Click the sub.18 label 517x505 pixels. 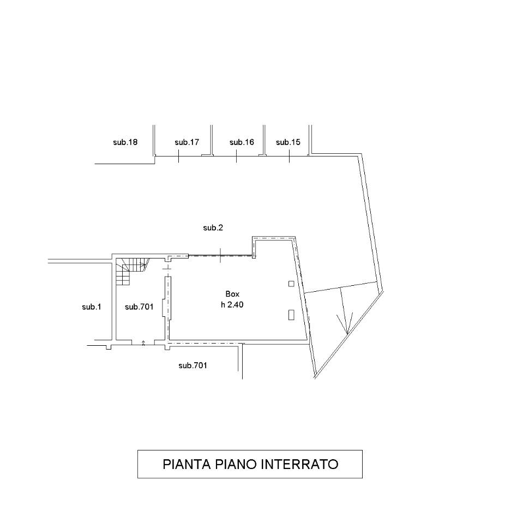click(x=125, y=142)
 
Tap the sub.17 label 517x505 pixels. click(x=187, y=142)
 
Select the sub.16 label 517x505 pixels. click(x=242, y=142)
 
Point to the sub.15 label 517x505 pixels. click(x=288, y=142)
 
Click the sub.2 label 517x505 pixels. click(x=213, y=228)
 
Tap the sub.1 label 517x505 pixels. click(x=91, y=307)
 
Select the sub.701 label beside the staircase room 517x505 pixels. click(x=139, y=307)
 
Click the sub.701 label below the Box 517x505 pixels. click(x=193, y=365)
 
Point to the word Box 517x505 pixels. click(x=232, y=294)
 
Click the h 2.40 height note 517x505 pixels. click(x=232, y=305)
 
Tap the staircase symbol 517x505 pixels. click(x=132, y=271)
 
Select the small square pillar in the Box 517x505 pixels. click(x=291, y=284)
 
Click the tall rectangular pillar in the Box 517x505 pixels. click(x=291, y=315)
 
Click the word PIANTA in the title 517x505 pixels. click(x=187, y=464)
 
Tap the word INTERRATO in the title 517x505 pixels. click(x=300, y=464)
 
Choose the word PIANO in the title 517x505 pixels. click(x=236, y=464)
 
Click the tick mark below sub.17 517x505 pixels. click(x=178, y=156)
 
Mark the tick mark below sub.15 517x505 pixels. click(x=289, y=156)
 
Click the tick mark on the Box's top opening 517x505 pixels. click(x=220, y=255)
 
